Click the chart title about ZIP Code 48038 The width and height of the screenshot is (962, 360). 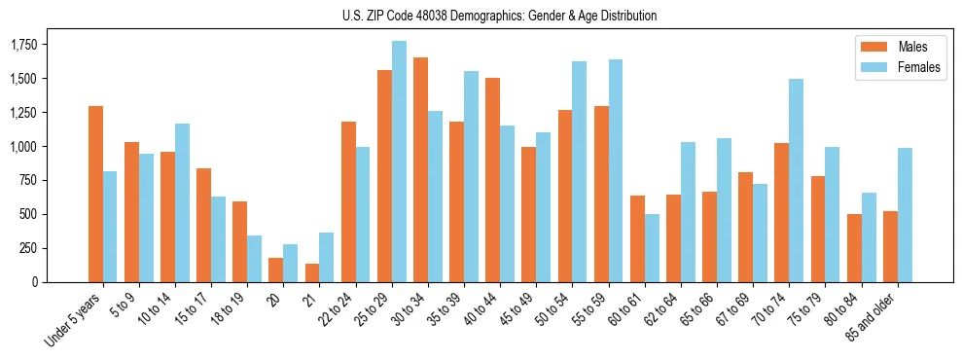[500, 16]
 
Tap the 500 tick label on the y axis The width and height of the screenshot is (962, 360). [30, 214]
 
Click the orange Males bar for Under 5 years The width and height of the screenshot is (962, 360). [95, 195]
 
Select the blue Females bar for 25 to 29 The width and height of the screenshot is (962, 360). [399, 162]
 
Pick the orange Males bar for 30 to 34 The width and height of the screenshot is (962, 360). [420, 170]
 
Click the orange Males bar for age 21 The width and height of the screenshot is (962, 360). [312, 273]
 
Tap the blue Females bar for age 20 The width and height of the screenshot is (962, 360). [290, 264]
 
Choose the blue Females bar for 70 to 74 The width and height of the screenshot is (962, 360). [796, 181]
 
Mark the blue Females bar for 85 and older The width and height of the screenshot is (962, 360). [905, 215]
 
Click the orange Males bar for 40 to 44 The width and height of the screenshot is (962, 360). [493, 180]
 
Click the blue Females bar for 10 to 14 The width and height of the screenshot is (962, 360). [182, 203]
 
